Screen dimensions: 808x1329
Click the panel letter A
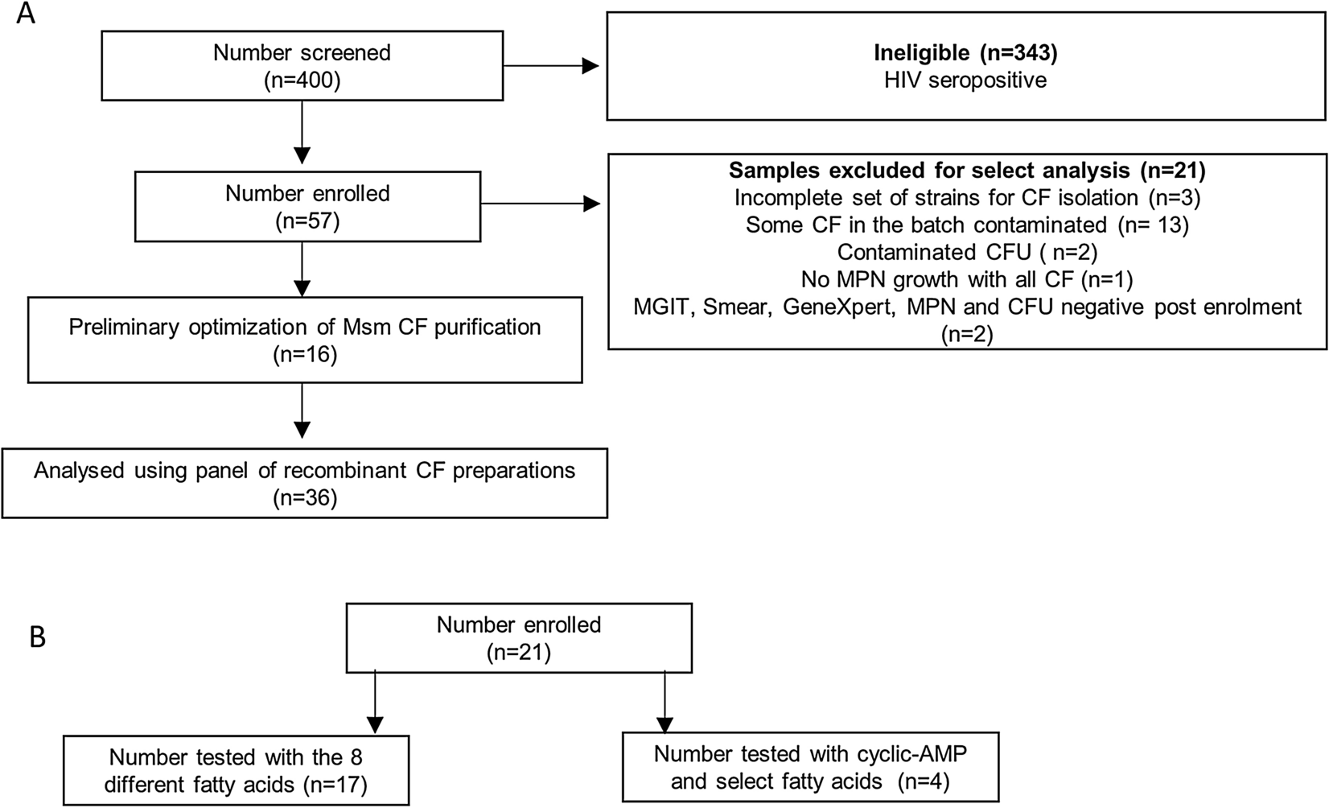tap(26, 14)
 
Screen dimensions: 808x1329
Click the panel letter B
tap(37, 637)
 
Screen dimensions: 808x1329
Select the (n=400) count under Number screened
tap(302, 80)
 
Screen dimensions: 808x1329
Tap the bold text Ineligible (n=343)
tap(965, 53)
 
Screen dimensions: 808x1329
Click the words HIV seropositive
tap(965, 80)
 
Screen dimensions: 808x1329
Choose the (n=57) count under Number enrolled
tap(307, 221)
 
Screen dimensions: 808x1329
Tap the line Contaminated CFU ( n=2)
tap(967, 252)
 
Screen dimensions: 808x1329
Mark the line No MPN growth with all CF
tap(967, 279)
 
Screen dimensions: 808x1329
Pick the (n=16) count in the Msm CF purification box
tap(304, 355)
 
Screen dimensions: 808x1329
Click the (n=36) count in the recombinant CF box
tap(304, 497)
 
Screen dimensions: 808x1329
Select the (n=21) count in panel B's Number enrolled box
tap(519, 653)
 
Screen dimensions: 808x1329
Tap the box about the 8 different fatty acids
tap(236, 769)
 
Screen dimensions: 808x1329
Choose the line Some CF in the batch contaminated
tap(967, 225)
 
